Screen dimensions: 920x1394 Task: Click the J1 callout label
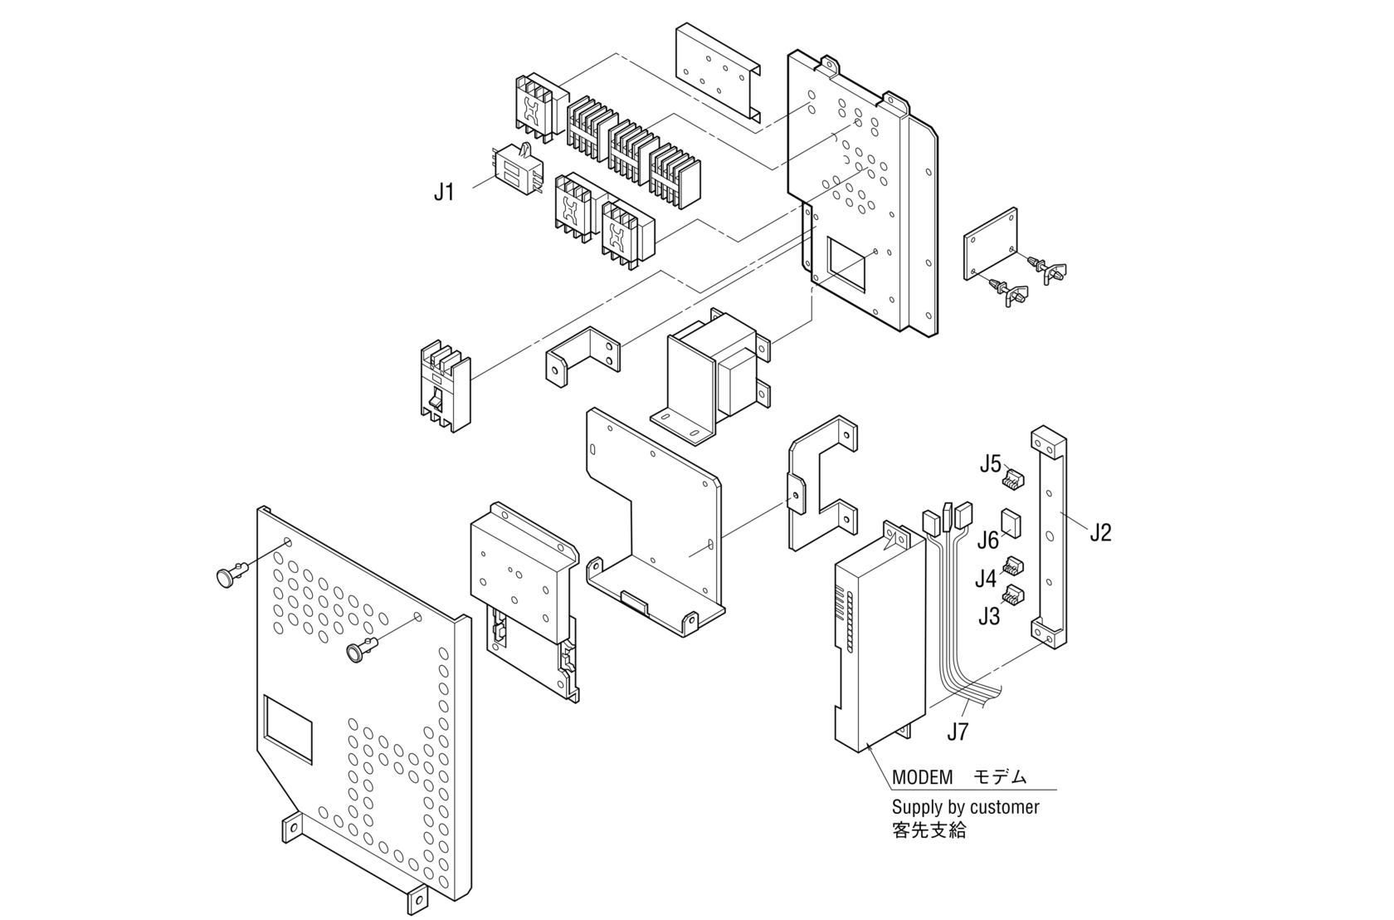[444, 193]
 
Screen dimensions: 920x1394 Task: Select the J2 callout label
[1099, 532]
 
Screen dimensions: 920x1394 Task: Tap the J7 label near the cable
[958, 732]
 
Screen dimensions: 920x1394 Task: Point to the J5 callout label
[990, 464]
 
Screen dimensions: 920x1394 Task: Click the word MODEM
[922, 778]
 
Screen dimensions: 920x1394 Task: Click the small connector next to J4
[1012, 567]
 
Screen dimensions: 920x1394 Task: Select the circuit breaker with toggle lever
[444, 386]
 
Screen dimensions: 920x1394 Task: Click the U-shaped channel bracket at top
[717, 72]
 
